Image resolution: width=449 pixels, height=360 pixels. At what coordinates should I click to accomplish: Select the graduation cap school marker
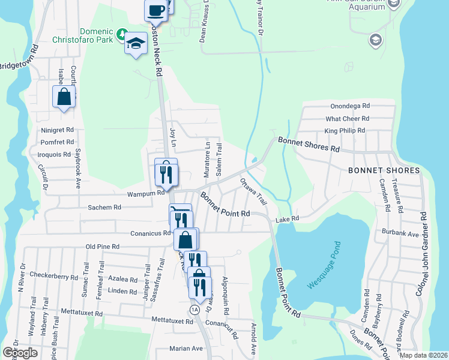(x=136, y=43)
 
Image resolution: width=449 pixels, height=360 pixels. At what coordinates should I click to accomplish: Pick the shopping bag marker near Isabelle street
(x=64, y=97)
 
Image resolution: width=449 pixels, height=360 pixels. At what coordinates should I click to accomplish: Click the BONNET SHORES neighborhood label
(x=384, y=171)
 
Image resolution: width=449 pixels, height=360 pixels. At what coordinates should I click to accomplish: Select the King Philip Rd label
(x=345, y=131)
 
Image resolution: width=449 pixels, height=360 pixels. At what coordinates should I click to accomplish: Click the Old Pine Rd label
(x=103, y=247)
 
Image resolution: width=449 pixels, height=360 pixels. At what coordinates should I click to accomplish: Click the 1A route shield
(x=194, y=310)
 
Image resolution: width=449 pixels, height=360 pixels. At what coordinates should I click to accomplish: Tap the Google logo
(x=20, y=353)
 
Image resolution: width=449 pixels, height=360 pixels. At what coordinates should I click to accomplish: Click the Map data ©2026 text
(x=423, y=355)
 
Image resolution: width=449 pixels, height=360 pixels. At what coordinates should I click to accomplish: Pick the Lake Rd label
(x=287, y=220)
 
